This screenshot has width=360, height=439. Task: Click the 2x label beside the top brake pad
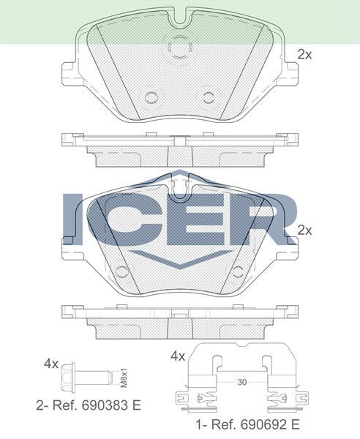pyautogui.click(x=304, y=53)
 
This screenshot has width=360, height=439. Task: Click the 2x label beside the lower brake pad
pyautogui.click(x=304, y=230)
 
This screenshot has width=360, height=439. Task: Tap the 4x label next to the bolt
pyautogui.click(x=50, y=363)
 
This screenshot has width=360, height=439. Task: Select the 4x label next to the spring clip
pyautogui.click(x=178, y=356)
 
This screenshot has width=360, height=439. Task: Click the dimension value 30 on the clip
pyautogui.click(x=242, y=383)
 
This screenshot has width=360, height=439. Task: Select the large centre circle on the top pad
pyautogui.click(x=179, y=48)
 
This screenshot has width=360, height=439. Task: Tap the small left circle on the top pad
pyautogui.click(x=151, y=97)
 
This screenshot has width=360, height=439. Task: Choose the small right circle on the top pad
pyautogui.click(x=208, y=97)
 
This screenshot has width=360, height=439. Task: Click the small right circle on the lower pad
pyautogui.click(x=236, y=272)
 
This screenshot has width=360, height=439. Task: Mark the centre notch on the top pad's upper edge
pyautogui.click(x=179, y=15)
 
